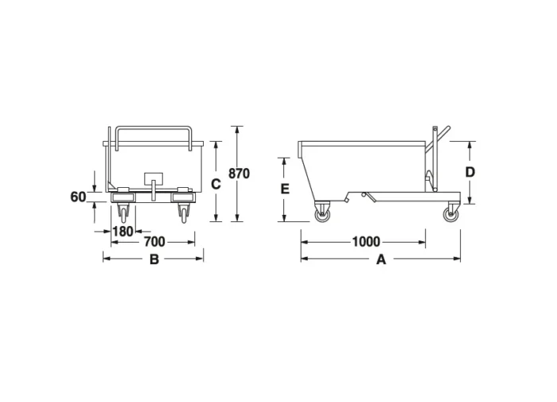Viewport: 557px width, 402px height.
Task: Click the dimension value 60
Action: tap(77, 196)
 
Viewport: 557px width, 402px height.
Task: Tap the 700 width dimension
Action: tap(155, 241)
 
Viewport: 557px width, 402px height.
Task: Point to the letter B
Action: tap(154, 260)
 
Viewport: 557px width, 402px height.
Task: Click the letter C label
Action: tap(215, 184)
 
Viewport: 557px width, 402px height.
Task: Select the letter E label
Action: tap(285, 189)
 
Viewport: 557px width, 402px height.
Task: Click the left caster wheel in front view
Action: tap(123, 213)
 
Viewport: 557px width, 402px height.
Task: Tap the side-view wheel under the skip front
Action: tap(322, 213)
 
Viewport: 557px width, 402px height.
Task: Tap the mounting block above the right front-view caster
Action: tap(182, 192)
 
